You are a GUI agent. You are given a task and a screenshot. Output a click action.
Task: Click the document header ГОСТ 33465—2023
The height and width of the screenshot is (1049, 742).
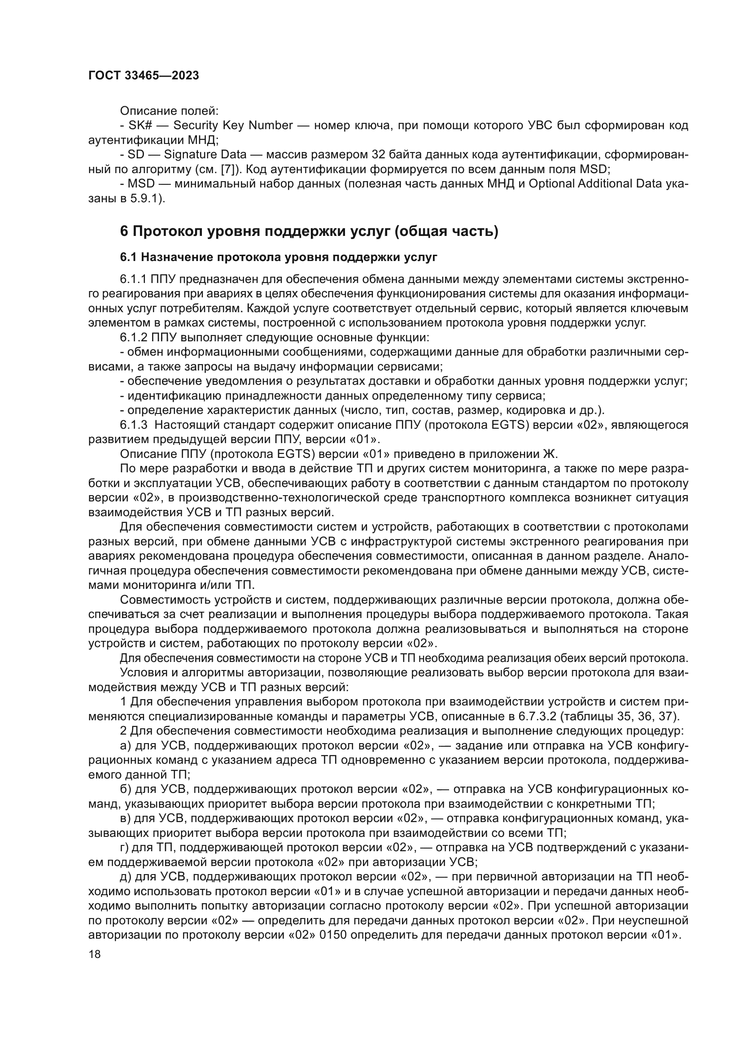(144, 76)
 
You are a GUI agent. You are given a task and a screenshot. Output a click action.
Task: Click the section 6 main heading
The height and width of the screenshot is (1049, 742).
(309, 231)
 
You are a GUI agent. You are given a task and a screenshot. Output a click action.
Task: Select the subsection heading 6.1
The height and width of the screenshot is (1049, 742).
(278, 258)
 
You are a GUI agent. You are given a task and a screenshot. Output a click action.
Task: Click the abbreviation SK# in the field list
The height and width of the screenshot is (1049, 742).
(137, 126)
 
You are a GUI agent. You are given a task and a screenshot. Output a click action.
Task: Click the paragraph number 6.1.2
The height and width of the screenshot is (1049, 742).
(133, 338)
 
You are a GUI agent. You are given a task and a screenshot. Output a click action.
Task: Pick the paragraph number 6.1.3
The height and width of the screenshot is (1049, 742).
(133, 425)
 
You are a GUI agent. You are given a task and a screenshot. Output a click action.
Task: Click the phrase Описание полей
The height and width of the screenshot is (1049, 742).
(169, 111)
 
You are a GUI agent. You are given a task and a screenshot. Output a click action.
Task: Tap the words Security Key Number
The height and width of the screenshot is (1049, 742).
(233, 126)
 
